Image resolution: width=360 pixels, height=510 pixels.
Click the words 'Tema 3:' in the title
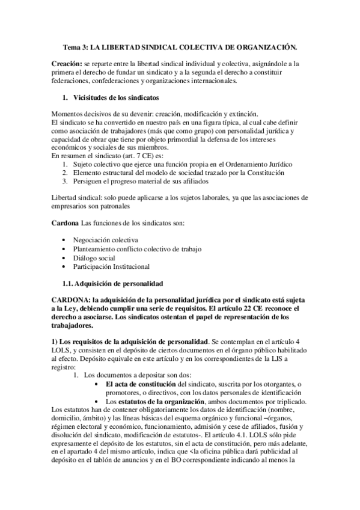[77, 46]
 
